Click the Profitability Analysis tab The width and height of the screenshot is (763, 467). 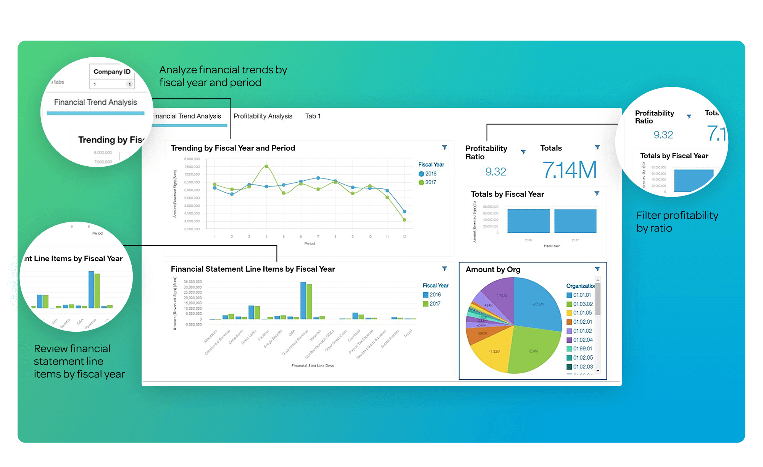pyautogui.click(x=263, y=116)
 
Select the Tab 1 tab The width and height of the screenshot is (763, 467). pyautogui.click(x=313, y=116)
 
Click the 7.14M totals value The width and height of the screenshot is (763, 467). pyautogui.click(x=569, y=170)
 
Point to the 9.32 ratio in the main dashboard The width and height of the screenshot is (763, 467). pyautogui.click(x=495, y=172)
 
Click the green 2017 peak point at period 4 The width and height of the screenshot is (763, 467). pyautogui.click(x=266, y=166)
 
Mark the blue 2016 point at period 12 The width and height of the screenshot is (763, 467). pyautogui.click(x=404, y=211)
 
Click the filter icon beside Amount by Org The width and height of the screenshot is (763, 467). pyautogui.click(x=597, y=269)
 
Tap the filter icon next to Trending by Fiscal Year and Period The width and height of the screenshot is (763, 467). pyautogui.click(x=445, y=147)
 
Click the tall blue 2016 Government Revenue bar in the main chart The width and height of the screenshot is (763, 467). pyautogui.click(x=303, y=300)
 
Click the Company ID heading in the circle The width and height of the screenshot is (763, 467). pyautogui.click(x=112, y=71)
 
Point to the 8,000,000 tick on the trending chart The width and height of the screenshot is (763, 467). pyautogui.click(x=192, y=159)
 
